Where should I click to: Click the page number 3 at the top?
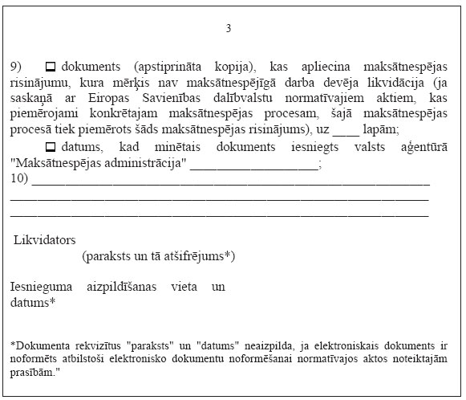pos(229,29)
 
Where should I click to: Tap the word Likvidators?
pos(45,239)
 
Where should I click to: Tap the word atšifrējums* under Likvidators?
pos(201,255)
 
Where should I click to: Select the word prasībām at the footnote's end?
pos(34,373)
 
